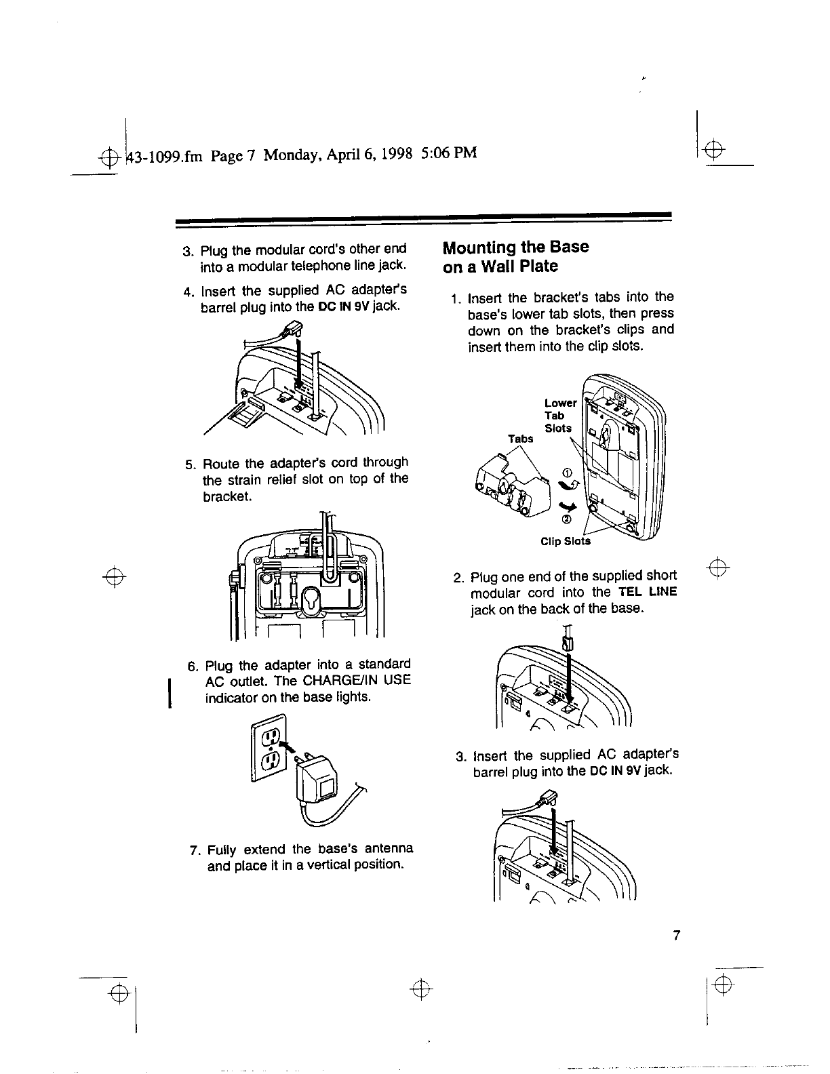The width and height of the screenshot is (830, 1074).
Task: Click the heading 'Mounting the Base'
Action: click(x=515, y=247)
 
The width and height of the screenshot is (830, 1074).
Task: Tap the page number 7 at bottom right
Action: click(x=675, y=936)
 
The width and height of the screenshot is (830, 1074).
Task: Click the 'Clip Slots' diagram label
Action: click(x=566, y=541)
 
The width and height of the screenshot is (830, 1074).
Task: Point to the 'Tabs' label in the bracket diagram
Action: click(x=521, y=439)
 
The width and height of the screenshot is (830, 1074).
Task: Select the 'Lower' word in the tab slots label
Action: click(x=560, y=403)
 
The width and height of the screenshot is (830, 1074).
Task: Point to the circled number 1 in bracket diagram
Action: click(x=568, y=473)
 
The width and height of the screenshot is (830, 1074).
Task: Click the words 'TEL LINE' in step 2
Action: click(x=648, y=591)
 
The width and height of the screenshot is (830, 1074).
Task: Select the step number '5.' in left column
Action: click(x=191, y=464)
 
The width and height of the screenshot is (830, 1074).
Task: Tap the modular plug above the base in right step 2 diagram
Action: click(x=568, y=640)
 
